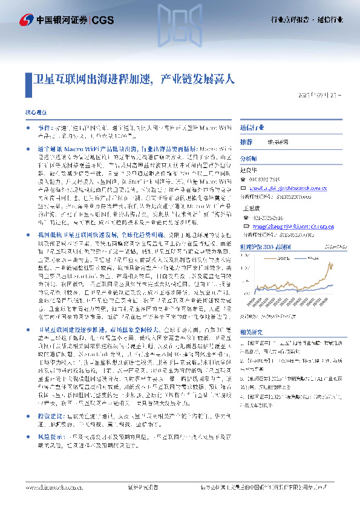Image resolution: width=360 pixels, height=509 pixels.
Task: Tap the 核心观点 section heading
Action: (x=36, y=112)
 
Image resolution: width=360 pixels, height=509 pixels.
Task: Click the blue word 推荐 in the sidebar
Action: (x=246, y=141)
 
